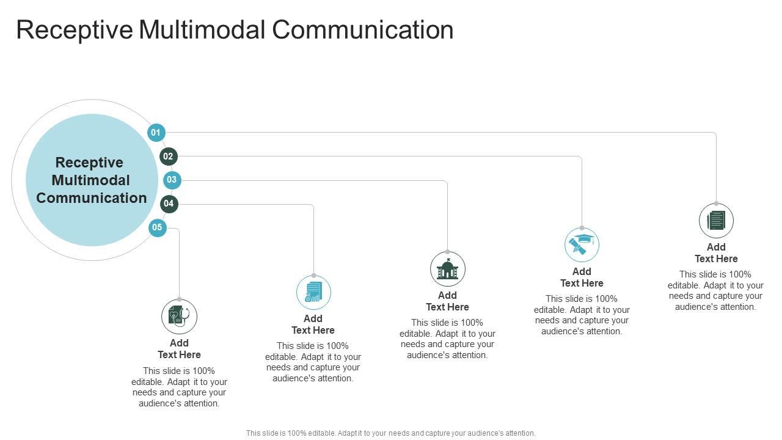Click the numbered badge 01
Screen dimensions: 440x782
(x=156, y=133)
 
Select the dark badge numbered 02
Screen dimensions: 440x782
(x=168, y=156)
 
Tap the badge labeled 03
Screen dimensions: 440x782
(x=172, y=180)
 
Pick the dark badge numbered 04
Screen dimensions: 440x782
(x=169, y=204)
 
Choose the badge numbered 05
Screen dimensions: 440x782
(x=157, y=228)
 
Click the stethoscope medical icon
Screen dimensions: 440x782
(x=179, y=316)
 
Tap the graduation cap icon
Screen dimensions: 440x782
(x=582, y=244)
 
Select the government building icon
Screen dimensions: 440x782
(x=447, y=269)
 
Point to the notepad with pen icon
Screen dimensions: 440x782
(x=716, y=221)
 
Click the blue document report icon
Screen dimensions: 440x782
(x=313, y=292)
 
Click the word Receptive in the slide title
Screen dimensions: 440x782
(x=74, y=30)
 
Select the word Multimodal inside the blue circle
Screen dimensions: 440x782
(x=91, y=180)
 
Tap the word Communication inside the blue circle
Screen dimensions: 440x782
(x=92, y=198)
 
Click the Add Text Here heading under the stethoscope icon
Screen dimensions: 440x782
(x=179, y=349)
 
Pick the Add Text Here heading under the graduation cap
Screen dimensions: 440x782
(x=582, y=277)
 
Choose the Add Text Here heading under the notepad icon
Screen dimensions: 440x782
(x=716, y=253)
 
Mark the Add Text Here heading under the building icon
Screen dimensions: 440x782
(x=447, y=301)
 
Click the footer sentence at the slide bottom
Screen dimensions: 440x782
(x=391, y=433)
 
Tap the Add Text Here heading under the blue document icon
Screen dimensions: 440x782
(x=313, y=324)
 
